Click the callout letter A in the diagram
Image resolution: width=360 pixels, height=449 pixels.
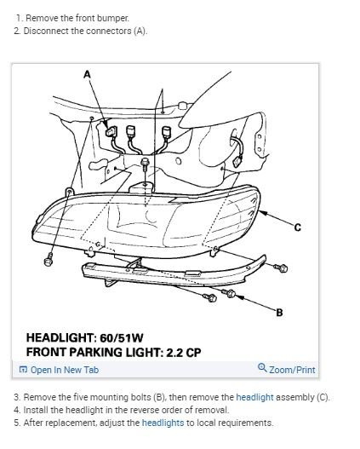pos(87,75)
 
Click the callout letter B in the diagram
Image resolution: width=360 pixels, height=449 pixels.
pos(279,313)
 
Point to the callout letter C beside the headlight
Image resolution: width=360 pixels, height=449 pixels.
pos(298,227)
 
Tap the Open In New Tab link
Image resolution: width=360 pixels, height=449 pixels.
pos(65,370)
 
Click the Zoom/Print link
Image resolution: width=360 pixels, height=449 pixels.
pos(292,370)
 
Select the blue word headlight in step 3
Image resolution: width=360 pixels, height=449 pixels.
pos(254,398)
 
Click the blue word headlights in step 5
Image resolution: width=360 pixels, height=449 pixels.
pos(163,423)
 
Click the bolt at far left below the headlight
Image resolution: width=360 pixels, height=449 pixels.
pos(49,260)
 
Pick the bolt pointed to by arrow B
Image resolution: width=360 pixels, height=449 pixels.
pos(230,293)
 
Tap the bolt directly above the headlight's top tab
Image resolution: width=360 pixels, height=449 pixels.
pos(146,164)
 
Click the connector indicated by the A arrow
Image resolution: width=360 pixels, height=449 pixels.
pos(111,131)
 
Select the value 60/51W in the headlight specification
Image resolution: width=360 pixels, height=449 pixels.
pos(121,338)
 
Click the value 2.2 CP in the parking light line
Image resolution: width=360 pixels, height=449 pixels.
pos(184,353)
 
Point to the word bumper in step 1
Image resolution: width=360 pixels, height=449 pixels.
pos(112,19)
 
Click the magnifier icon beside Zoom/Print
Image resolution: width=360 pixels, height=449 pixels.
pos(262,367)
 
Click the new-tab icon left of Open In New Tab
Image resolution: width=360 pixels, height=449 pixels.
pos(23,370)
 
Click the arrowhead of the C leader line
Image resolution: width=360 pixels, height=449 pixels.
pos(262,213)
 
